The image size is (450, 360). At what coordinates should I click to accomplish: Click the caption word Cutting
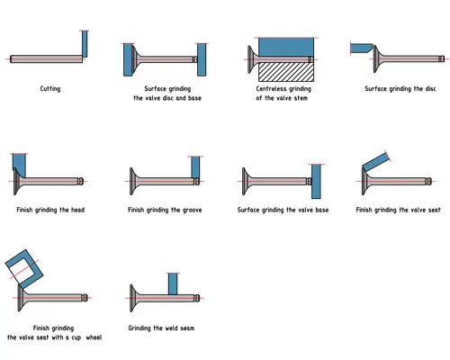click(x=50, y=89)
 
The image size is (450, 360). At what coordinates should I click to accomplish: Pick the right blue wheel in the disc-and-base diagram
click(x=202, y=59)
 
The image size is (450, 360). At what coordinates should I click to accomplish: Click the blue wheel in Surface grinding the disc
click(x=361, y=48)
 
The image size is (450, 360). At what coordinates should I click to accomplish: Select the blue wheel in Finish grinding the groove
click(x=197, y=166)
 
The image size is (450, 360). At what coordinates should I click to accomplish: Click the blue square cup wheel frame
click(x=24, y=267)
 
